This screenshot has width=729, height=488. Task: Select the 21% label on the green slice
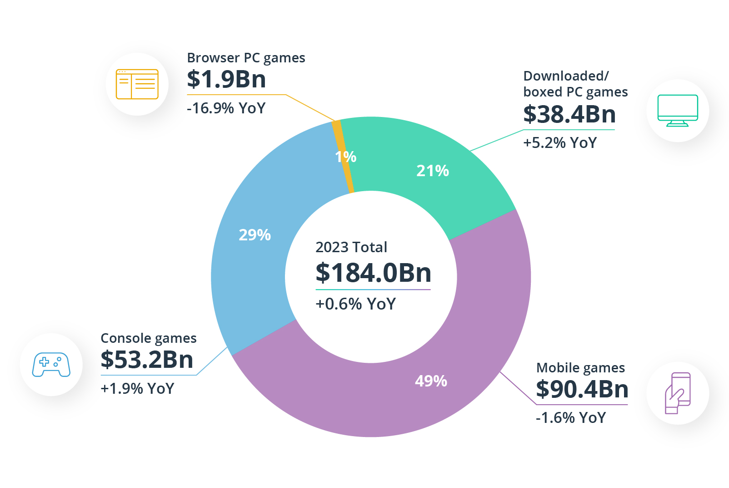point(432,171)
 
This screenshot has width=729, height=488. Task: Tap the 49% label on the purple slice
point(431,381)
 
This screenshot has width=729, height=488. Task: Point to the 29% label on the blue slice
point(255,235)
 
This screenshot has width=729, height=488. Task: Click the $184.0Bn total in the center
point(373,273)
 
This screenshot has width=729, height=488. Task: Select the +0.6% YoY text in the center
point(355,304)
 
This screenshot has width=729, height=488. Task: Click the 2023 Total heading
point(351,247)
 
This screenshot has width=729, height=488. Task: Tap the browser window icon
point(137,84)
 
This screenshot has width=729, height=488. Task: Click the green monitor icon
point(678,111)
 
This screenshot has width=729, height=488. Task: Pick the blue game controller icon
point(51,365)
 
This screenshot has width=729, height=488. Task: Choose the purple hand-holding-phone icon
point(678,393)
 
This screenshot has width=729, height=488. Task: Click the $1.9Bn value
point(226,79)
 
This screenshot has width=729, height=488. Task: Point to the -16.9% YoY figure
point(226,108)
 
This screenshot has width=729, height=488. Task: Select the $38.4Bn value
point(569,114)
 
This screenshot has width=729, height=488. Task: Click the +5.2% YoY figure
point(559,143)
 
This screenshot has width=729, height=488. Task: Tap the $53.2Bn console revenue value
point(147,360)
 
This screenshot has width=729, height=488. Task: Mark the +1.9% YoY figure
point(137,389)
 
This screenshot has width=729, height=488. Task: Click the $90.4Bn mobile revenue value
point(582,389)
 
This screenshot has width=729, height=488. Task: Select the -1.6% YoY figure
point(571,418)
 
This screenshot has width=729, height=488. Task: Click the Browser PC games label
point(246,58)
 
